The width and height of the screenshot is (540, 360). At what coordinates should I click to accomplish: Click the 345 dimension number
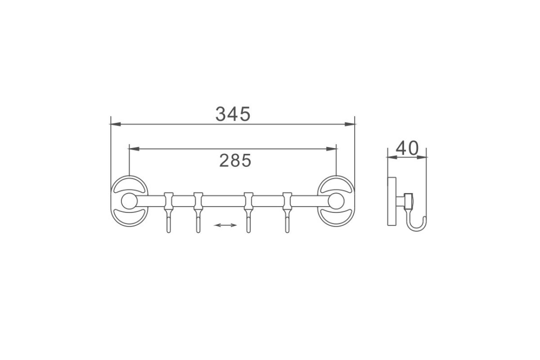(233, 114)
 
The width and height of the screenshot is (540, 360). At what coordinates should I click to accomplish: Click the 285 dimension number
(235, 161)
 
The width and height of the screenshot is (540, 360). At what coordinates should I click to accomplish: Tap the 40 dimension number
(407, 148)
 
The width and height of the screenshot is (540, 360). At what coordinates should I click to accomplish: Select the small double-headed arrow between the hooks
(225, 225)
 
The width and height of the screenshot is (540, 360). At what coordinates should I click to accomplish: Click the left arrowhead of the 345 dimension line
(115, 124)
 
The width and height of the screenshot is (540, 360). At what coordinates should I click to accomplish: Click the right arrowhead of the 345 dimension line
(350, 124)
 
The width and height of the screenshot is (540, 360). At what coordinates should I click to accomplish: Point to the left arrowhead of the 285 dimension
(134, 149)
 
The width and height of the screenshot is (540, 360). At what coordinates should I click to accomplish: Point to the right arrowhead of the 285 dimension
(331, 149)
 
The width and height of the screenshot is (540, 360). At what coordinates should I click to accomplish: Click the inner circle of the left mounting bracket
(129, 201)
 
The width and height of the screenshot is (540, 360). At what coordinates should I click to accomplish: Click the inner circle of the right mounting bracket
(336, 201)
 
